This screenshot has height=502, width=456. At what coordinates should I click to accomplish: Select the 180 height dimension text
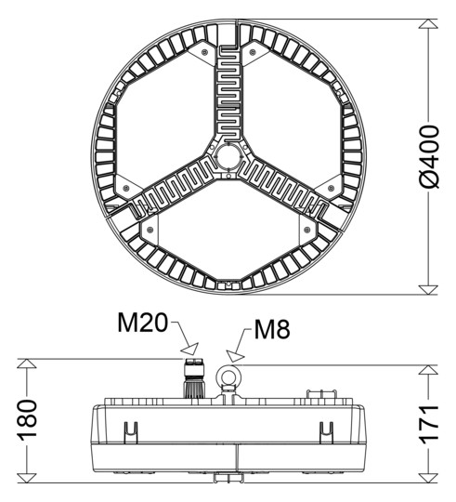pyautogui.click(x=28, y=421)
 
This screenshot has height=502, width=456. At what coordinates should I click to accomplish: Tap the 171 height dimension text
pyautogui.click(x=428, y=425)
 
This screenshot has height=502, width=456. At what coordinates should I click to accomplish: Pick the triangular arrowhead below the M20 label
pyautogui.click(x=190, y=350)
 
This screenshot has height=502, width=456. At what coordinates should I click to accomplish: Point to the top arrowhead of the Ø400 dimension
pyautogui.click(x=428, y=25)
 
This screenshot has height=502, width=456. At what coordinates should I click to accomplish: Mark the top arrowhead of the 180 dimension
pyautogui.click(x=29, y=364)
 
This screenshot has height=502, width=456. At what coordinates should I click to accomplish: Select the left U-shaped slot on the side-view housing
pyautogui.click(x=130, y=430)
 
